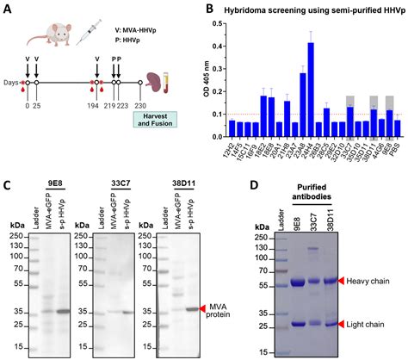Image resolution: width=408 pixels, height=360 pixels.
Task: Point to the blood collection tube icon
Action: tap(181, 92)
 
